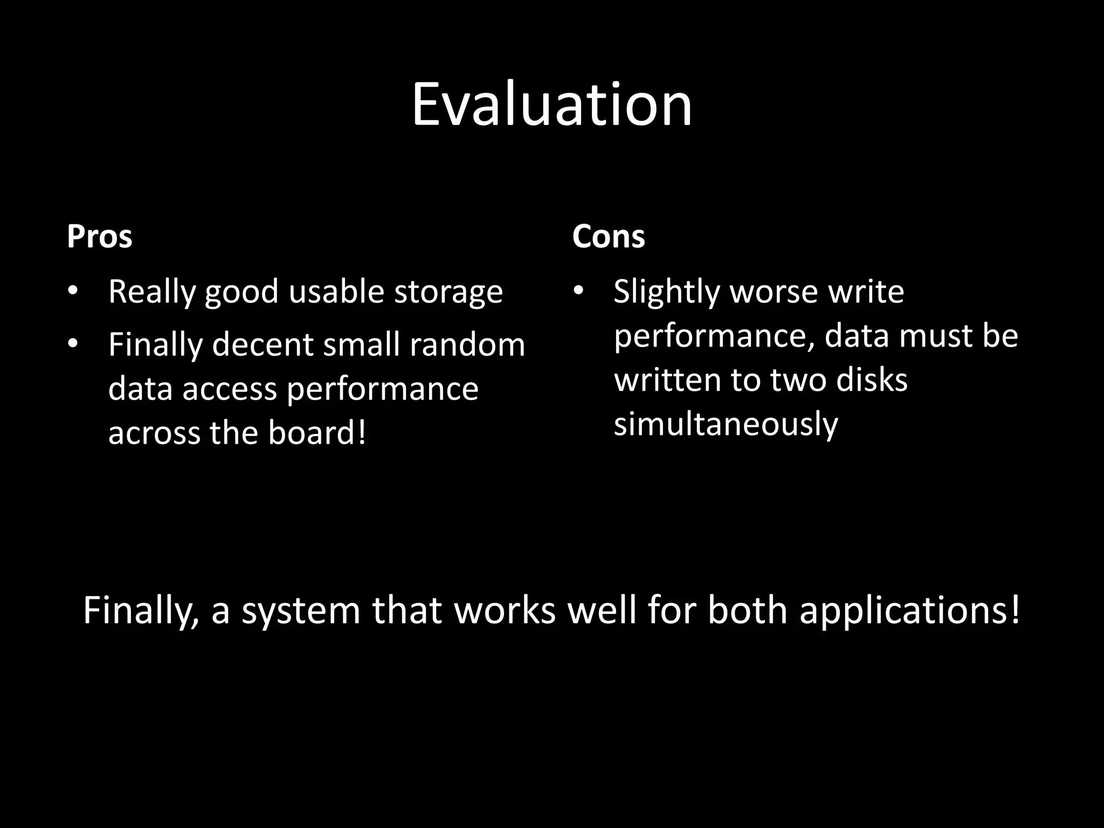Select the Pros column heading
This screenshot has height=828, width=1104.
pyautogui.click(x=99, y=237)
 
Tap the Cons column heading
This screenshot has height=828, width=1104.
pyautogui.click(x=608, y=237)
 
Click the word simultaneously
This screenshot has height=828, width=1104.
pyautogui.click(x=726, y=424)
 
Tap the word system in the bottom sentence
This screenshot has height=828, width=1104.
pyautogui.click(x=300, y=611)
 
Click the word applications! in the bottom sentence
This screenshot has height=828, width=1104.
pyautogui.click(x=910, y=611)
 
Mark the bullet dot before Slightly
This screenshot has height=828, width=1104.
pyautogui.click(x=578, y=291)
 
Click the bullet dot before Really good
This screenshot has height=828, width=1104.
pyautogui.click(x=73, y=291)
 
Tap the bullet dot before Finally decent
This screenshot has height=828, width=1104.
pyautogui.click(x=73, y=343)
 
